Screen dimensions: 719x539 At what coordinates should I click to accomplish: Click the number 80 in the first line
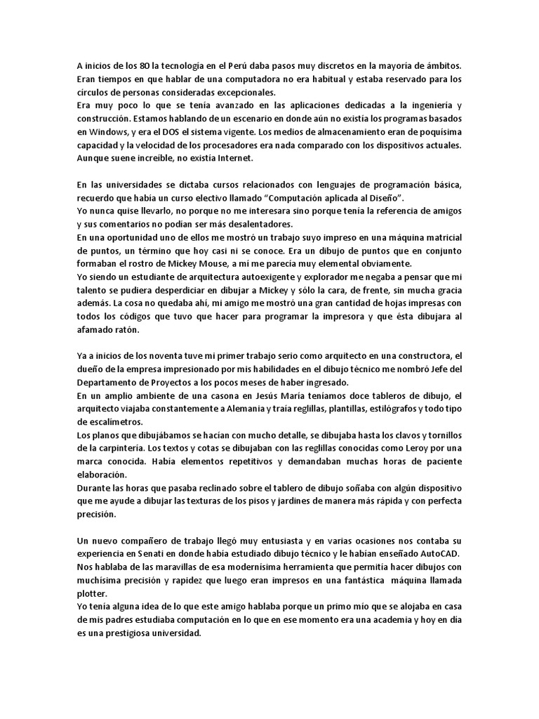(144, 65)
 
